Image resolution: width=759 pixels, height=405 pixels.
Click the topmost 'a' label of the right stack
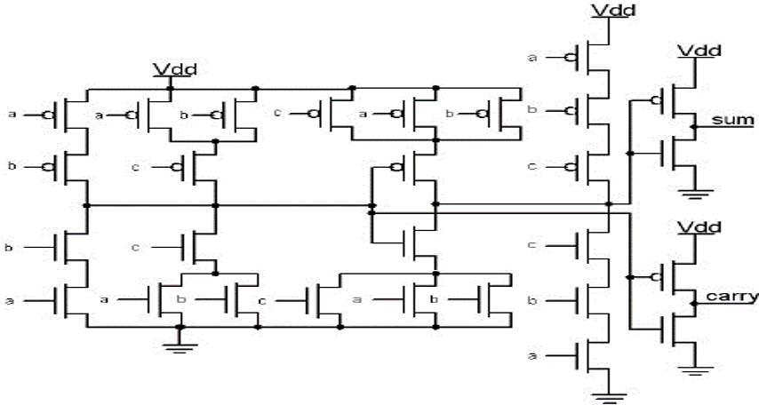532,58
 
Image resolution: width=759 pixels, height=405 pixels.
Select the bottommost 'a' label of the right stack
532,356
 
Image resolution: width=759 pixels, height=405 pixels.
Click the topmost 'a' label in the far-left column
12,114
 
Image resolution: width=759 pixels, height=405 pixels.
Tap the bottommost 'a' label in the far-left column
12,302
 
